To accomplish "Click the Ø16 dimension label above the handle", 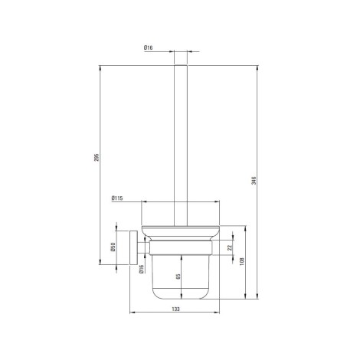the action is tap(148, 47).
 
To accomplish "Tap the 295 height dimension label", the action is tap(97, 158).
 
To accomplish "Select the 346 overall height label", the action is tap(254, 181).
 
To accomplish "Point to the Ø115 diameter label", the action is tap(117, 198).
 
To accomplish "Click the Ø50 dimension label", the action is tap(113, 247).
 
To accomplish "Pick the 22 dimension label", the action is tap(230, 247).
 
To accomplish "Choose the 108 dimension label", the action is tap(242, 261).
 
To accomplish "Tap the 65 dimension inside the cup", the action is tap(178, 277).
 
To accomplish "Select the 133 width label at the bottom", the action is tap(175, 309).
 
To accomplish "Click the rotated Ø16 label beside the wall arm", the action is tap(142, 269).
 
